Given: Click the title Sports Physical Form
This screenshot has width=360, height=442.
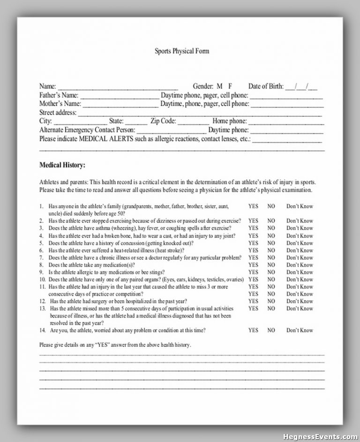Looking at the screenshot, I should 182,51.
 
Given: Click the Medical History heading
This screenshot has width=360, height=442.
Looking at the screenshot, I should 62,165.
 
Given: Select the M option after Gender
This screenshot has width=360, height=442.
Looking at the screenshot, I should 219,86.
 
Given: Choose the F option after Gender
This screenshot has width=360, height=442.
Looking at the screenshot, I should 230,86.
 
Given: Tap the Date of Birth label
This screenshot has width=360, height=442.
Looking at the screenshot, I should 266,86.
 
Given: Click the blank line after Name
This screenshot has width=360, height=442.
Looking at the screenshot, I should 118,88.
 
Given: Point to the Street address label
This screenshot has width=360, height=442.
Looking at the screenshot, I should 58,113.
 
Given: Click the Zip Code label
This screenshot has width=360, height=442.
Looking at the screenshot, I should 163,121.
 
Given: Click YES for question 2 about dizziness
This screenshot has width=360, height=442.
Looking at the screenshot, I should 253,221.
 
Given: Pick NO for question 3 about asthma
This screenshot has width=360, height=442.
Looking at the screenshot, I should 271,228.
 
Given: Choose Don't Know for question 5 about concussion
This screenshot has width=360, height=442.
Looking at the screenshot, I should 300,243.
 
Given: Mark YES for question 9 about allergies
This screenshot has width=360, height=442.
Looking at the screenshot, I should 253,272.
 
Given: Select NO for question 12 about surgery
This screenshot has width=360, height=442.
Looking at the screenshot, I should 271,301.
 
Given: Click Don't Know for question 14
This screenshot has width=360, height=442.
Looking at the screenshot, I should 300,330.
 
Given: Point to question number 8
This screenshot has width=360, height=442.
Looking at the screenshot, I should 42,265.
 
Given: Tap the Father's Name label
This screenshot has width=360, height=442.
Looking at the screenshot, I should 59,95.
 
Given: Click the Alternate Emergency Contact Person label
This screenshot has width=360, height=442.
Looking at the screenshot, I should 87,130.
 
